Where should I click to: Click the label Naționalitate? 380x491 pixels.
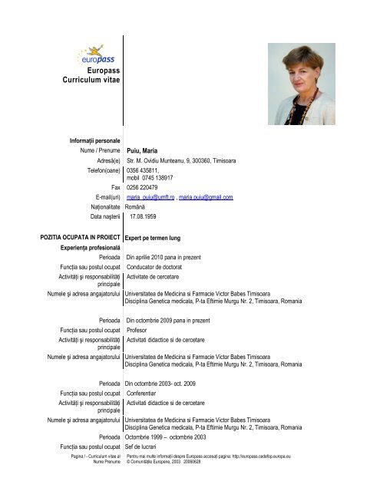[x=100, y=208]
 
